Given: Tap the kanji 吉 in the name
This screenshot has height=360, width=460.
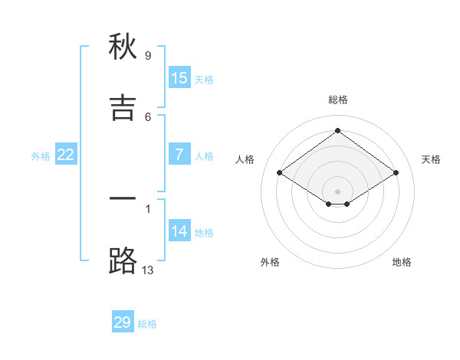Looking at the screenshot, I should click(123, 107).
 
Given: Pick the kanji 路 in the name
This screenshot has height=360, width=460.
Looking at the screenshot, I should click(123, 260).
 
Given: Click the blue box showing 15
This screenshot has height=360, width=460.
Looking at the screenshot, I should click(179, 77).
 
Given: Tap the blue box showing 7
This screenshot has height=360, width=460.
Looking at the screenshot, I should click(179, 155).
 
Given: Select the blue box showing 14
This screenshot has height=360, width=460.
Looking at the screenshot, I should click(179, 231).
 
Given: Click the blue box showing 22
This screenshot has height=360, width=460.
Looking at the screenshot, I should click(66, 155).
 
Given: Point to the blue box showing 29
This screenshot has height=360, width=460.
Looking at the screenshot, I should click(123, 322).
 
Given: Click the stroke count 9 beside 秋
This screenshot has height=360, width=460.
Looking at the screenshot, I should click(148, 55).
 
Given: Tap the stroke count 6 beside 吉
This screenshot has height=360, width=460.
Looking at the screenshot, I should click(148, 116).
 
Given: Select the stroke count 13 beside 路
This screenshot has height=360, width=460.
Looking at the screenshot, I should click(148, 270).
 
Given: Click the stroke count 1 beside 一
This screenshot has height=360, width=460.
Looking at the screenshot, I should click(148, 208).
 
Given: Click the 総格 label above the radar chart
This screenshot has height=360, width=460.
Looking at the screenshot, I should click(338, 100).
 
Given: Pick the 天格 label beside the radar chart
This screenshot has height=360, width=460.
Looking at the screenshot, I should click(431, 159).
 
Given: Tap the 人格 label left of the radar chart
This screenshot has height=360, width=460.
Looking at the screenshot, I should click(245, 159).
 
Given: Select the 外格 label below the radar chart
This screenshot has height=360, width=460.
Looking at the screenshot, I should click(270, 262).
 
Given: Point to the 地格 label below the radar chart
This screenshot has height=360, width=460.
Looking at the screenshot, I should click(402, 262).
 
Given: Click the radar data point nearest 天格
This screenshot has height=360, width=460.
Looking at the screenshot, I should click(396, 173).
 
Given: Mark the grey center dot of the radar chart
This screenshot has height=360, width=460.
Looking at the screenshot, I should click(337, 191).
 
